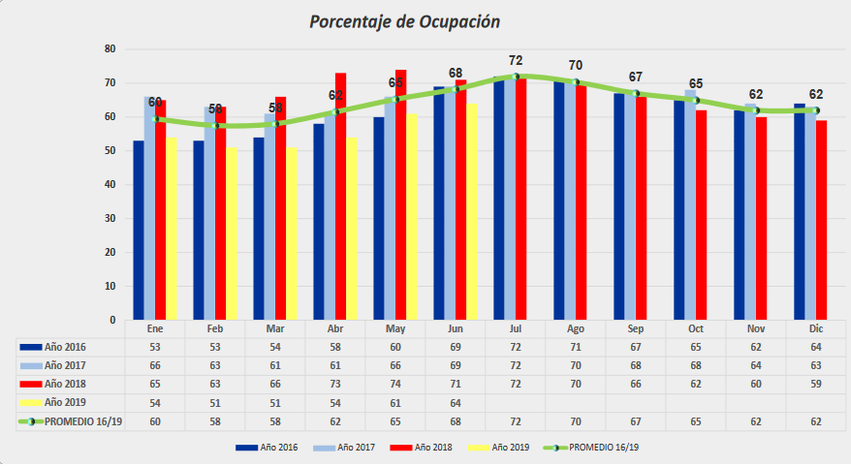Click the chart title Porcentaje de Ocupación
click(x=404, y=21)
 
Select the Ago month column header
click(x=576, y=329)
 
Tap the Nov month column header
click(x=756, y=329)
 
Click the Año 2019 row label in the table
click(x=66, y=402)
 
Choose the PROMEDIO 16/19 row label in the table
click(x=77, y=421)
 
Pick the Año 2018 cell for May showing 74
click(x=395, y=385)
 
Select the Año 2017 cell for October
click(x=696, y=366)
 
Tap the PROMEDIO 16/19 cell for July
click(x=516, y=421)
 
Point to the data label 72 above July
click(x=516, y=61)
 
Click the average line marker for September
click(x=636, y=93)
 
